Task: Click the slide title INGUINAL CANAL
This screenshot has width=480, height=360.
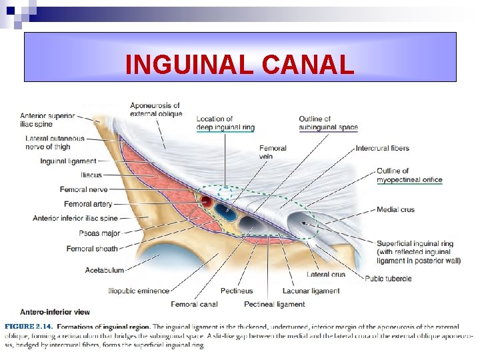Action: (x=239, y=65)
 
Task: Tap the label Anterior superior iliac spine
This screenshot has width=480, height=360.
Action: (x=46, y=119)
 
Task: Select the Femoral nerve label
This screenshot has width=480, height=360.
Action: (x=83, y=190)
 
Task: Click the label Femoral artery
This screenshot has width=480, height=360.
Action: (x=88, y=204)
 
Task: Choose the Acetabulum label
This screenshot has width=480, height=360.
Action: (x=105, y=270)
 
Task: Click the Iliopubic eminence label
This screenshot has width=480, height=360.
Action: (x=139, y=291)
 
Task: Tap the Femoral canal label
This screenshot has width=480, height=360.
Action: (x=194, y=304)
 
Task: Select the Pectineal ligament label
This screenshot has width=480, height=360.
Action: (x=274, y=304)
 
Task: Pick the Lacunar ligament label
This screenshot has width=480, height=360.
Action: (x=311, y=291)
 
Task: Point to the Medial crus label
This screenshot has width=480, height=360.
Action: (x=395, y=209)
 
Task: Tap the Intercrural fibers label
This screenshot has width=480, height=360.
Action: (x=382, y=148)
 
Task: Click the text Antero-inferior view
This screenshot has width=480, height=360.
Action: (x=55, y=312)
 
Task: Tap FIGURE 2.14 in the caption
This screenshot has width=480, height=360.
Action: (x=29, y=327)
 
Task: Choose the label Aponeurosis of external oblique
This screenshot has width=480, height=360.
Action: (x=155, y=109)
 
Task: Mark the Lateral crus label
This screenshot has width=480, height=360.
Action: (x=326, y=274)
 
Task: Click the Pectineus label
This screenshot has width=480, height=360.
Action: (x=237, y=291)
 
